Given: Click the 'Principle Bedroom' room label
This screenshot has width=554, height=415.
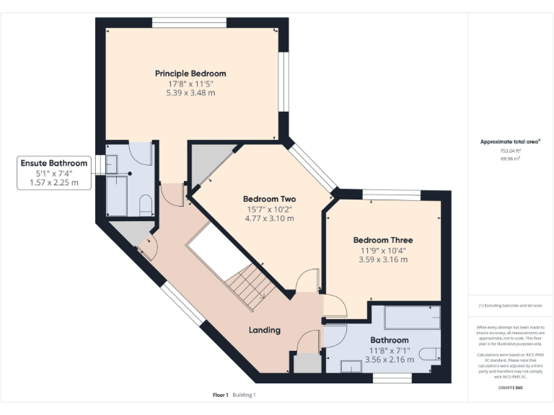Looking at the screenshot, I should pos(190,73).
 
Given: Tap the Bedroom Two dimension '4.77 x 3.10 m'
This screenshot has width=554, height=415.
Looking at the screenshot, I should pos(268,218).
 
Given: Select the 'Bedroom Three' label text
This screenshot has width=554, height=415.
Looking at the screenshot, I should pos(382,240).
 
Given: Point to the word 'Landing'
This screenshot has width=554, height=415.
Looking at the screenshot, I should pos(264,330).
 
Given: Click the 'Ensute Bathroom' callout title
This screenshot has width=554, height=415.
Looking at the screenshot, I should pos(54,164).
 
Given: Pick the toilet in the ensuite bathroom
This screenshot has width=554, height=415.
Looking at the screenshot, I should pos(144,204).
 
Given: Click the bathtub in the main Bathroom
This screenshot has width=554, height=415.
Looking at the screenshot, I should pos(411,317).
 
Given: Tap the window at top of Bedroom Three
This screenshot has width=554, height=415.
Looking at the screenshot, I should pos(390,193).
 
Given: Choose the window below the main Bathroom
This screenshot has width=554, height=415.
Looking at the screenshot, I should pos(392,377).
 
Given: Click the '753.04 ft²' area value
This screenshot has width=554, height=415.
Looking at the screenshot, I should pos(510,151).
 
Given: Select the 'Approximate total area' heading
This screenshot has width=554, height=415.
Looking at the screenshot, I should pos(509,142).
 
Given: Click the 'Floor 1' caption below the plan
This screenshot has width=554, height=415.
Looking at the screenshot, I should pos(220,395).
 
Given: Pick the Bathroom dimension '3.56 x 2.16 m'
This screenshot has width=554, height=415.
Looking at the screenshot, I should pos(390,359).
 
